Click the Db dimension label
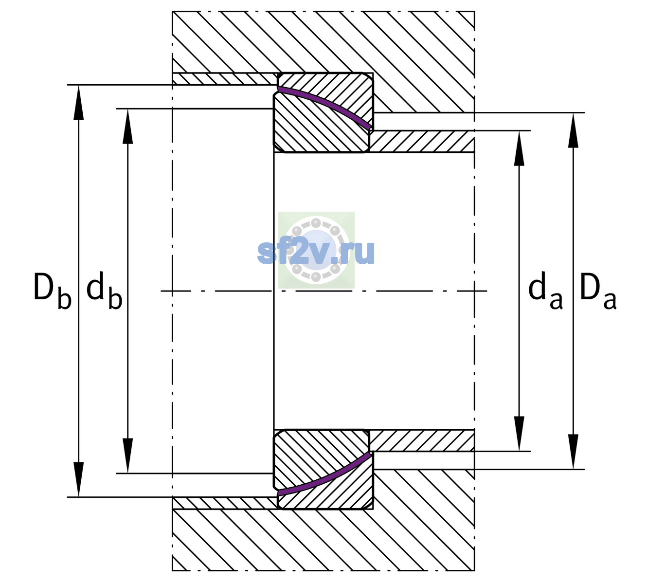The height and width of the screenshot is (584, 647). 53,291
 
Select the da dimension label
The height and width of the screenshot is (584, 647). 545,291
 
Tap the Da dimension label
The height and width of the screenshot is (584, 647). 598,291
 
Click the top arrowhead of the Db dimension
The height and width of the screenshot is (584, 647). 78,102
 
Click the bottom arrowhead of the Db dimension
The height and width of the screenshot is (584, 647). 78,479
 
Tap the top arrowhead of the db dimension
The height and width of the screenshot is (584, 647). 128,126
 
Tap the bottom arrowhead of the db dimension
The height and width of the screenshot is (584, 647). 128,456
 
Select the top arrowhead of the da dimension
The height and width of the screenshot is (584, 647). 519,148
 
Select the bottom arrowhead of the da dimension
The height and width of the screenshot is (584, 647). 519,434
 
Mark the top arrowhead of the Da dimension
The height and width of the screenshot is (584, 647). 573,130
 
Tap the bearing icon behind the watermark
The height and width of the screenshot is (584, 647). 316,250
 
